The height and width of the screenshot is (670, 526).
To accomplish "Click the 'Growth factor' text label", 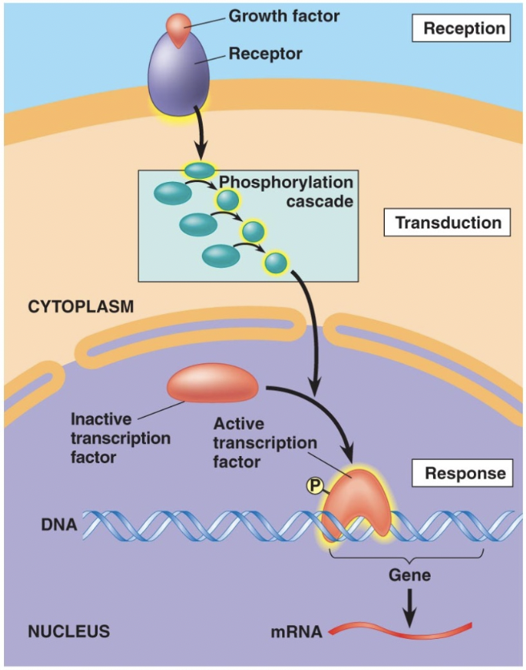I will pos(273,15).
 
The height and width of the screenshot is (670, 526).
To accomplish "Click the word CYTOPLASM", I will pos(80,306).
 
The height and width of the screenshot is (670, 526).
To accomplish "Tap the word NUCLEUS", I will pos(68,631).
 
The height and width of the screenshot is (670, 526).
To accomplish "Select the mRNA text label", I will pos(297,632).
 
